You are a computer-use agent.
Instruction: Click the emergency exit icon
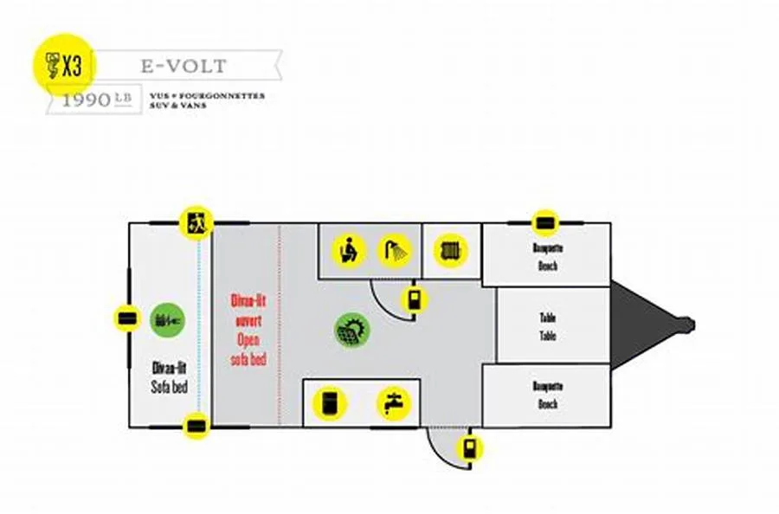(196, 222)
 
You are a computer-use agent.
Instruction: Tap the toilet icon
(350, 250)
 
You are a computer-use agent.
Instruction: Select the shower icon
(396, 250)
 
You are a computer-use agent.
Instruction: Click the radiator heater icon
(450, 250)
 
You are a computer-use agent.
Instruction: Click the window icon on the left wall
(127, 318)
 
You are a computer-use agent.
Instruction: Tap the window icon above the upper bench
(544, 223)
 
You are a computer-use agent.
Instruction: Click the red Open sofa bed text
(248, 330)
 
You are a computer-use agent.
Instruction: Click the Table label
(547, 326)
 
